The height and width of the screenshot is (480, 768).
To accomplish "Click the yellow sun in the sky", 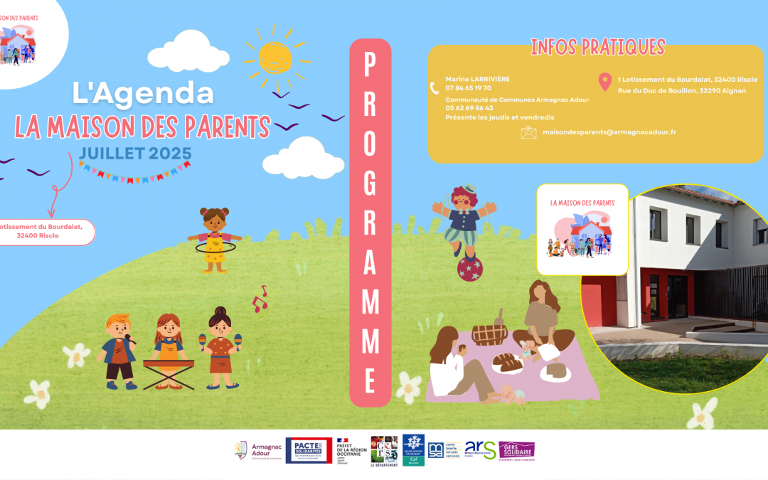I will (274, 57).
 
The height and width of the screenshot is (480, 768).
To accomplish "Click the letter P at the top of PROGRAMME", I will (370, 66).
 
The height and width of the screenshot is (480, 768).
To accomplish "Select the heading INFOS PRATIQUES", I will (597, 48).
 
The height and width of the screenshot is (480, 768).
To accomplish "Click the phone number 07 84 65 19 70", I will (468, 88).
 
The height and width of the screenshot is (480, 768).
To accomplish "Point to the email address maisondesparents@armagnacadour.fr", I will (609, 132).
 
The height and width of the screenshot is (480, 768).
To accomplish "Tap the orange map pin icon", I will (604, 82).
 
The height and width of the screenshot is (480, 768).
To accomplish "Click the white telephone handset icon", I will (434, 88).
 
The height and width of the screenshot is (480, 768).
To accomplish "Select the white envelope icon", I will (528, 132).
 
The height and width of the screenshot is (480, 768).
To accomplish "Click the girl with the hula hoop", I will (213, 238).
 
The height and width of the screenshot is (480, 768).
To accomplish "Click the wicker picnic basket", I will (490, 331).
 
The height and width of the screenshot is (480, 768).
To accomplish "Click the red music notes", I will (260, 300).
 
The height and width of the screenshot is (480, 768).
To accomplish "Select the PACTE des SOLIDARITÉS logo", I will (309, 450).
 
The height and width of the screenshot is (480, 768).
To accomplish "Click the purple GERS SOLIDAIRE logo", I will (516, 450).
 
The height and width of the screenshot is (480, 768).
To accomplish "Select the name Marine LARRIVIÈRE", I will (477, 79).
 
